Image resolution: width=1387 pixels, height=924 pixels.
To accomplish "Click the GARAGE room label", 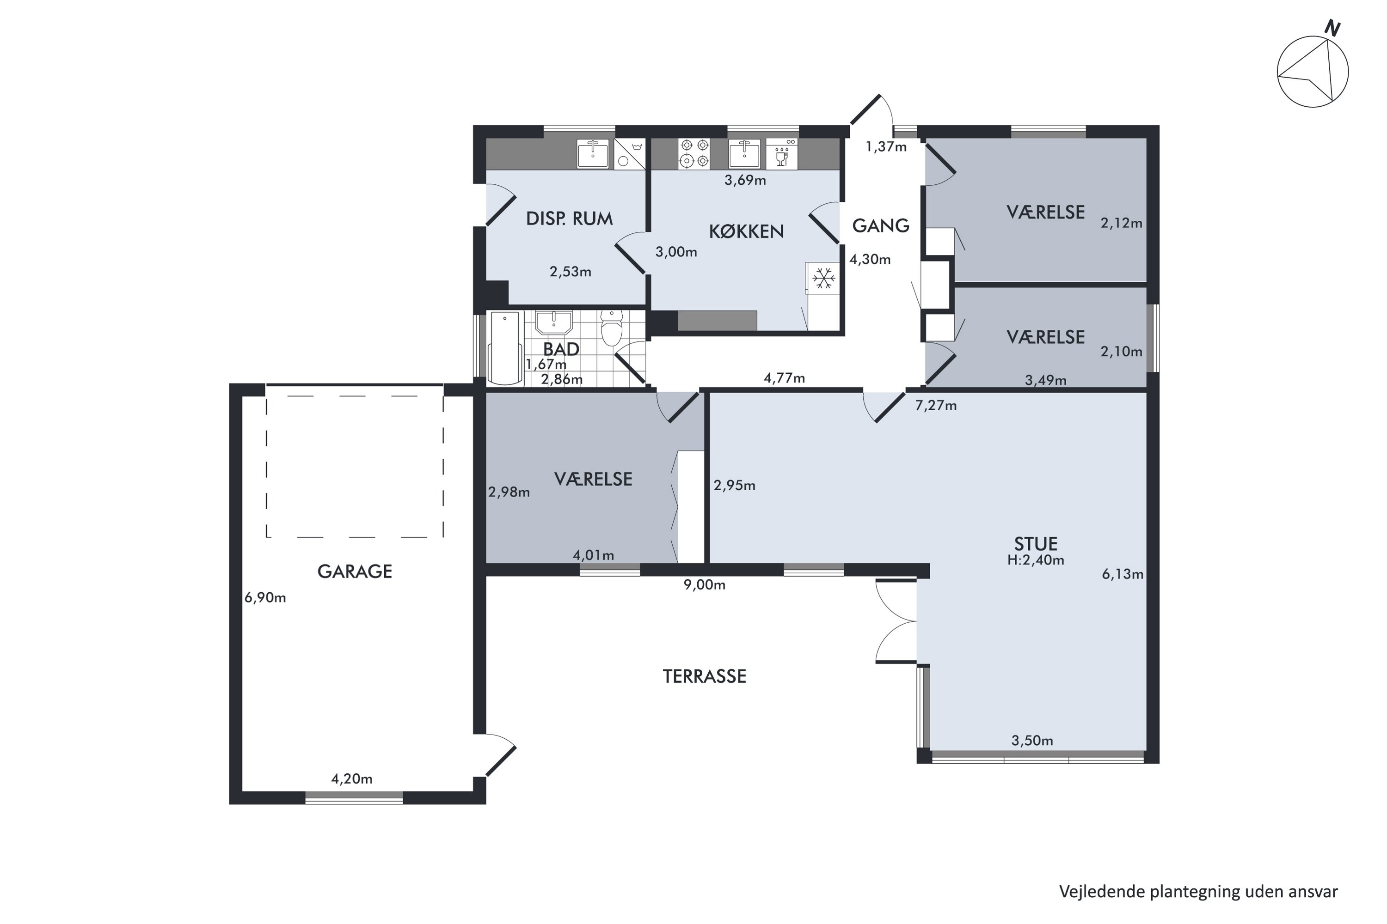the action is (x=355, y=571).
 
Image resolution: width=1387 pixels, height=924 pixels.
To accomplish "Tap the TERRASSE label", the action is (x=704, y=676).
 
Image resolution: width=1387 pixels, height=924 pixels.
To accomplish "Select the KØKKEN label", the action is (x=746, y=231).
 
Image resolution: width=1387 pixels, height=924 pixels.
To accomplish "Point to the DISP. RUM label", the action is (x=569, y=219).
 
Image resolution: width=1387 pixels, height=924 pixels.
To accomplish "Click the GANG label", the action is (x=880, y=226).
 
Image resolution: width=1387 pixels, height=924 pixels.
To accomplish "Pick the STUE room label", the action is (x=1036, y=543).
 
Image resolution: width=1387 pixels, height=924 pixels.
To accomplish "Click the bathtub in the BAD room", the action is (x=505, y=348).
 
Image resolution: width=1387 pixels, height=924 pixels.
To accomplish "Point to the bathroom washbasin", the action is (x=553, y=322).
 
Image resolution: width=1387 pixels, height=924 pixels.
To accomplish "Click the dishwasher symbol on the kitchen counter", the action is (x=782, y=153).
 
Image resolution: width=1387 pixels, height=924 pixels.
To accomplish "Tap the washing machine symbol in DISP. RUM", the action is (x=629, y=154).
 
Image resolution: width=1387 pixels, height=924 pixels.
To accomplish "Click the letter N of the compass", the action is (x=1332, y=28).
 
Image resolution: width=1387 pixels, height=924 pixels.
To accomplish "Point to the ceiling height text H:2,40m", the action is (x=1036, y=560).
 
